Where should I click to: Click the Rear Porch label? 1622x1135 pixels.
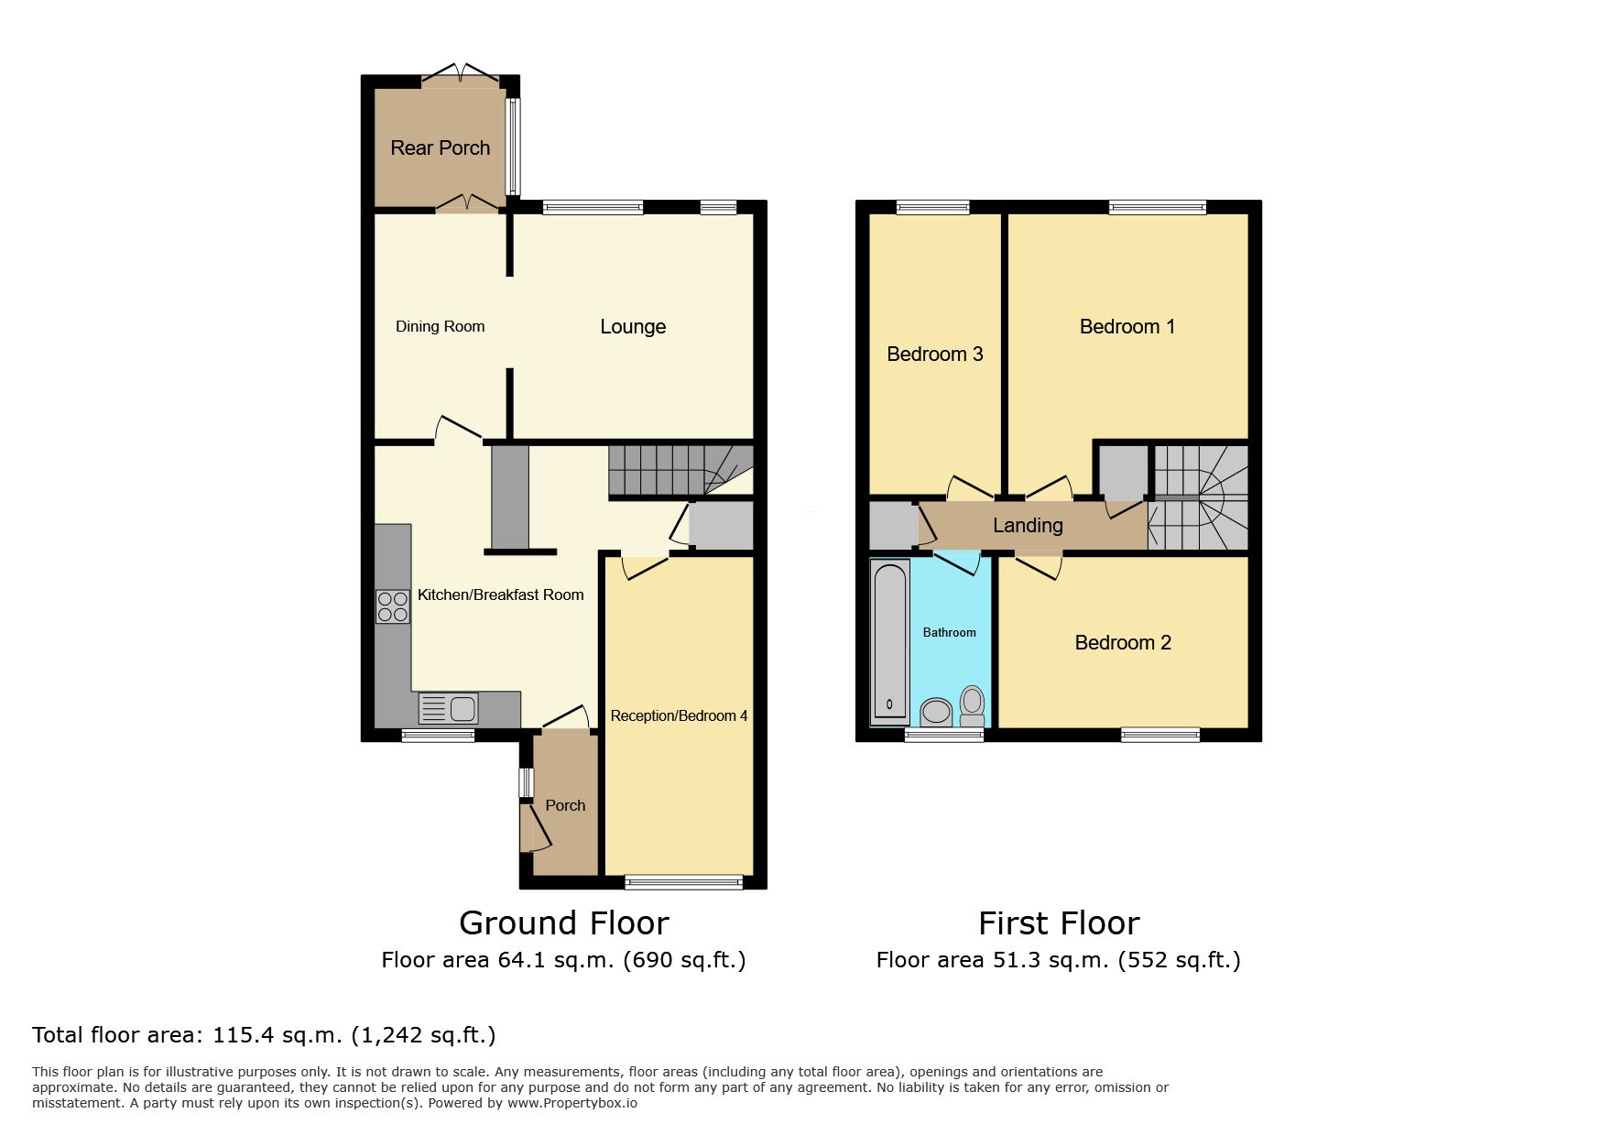[440, 147]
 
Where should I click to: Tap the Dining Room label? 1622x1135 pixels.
[440, 326]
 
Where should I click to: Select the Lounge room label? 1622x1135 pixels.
[633, 327]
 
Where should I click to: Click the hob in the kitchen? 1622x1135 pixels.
[393, 606]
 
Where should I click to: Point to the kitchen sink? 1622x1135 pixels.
[448, 709]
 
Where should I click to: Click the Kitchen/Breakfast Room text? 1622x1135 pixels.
[500, 595]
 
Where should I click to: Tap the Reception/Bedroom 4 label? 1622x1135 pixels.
[679, 715]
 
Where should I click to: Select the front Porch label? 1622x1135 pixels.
[565, 805]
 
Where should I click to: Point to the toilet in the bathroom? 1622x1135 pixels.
[972, 706]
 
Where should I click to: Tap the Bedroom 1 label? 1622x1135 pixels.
[1127, 327]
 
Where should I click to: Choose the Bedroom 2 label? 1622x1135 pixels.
[1123, 642]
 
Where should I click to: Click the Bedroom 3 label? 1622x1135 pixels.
[934, 354]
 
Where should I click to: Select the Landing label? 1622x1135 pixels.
[1028, 526]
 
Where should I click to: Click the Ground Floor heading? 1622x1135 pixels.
[564, 922]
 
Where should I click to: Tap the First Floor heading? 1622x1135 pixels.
[1059, 922]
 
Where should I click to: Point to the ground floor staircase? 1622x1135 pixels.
[680, 471]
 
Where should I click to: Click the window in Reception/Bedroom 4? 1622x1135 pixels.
[684, 882]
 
